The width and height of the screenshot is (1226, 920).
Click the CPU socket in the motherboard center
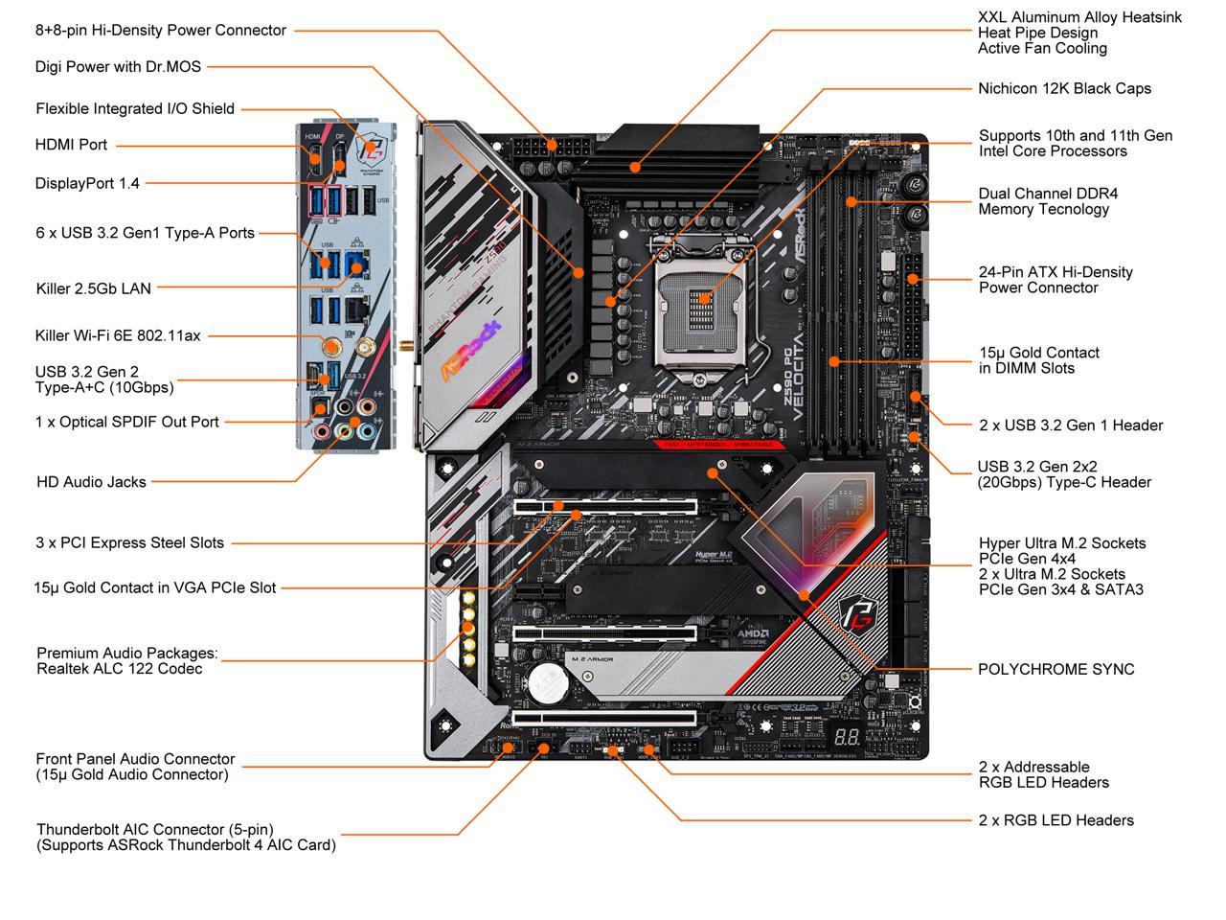[701, 303]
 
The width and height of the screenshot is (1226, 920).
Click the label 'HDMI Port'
[71, 145]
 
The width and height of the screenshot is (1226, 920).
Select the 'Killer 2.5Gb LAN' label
[93, 287]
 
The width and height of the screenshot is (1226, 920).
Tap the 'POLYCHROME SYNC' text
[1056, 670]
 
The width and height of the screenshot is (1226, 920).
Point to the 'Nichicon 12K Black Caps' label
[1064, 88]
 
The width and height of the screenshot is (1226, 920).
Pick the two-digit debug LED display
[846, 740]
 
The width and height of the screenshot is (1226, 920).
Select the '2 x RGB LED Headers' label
[1056, 820]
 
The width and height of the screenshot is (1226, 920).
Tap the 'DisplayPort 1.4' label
[87, 183]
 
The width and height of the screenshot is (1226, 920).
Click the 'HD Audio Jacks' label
[91, 482]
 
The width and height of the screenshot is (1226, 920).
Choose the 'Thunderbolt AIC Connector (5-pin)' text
[155, 830]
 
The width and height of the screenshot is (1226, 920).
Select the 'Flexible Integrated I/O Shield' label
[135, 108]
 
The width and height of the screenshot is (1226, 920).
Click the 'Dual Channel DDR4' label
[1048, 194]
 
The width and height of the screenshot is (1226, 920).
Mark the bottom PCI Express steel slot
[604, 718]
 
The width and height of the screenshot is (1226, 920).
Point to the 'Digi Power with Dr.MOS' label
[120, 67]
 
